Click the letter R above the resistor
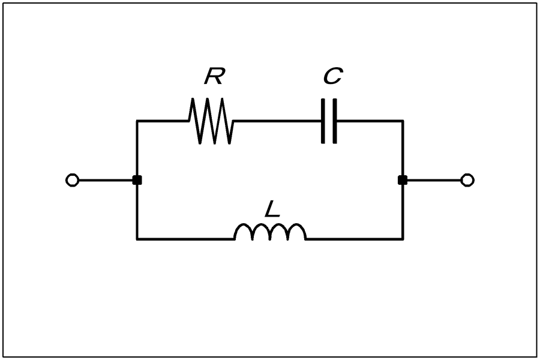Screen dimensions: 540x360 tap(215, 76)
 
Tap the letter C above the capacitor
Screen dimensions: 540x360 tap(333, 76)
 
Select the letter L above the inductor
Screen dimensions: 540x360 tap(272, 209)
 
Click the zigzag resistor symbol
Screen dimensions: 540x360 tap(211, 121)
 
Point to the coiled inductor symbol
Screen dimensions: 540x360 tap(270, 232)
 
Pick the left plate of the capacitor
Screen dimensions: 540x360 tap(323, 121)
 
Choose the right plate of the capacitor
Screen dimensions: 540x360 tap(335, 121)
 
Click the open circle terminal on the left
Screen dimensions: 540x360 tap(73, 180)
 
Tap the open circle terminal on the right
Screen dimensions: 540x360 tap(467, 180)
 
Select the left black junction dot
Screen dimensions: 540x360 tap(137, 180)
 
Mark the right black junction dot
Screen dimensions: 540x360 tap(403, 180)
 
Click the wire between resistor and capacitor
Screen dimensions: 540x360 tap(277, 121)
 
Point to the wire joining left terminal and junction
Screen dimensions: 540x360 tap(106, 180)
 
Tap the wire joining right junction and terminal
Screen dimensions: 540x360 tap(434, 180)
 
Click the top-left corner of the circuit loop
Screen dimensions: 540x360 tap(137, 121)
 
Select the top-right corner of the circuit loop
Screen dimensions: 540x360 tap(403, 121)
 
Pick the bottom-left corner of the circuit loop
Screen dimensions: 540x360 tap(137, 239)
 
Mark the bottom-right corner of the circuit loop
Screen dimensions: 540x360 tap(403, 239)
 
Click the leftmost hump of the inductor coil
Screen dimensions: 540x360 tap(243, 224)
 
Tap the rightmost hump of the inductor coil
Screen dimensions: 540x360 tap(297, 224)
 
